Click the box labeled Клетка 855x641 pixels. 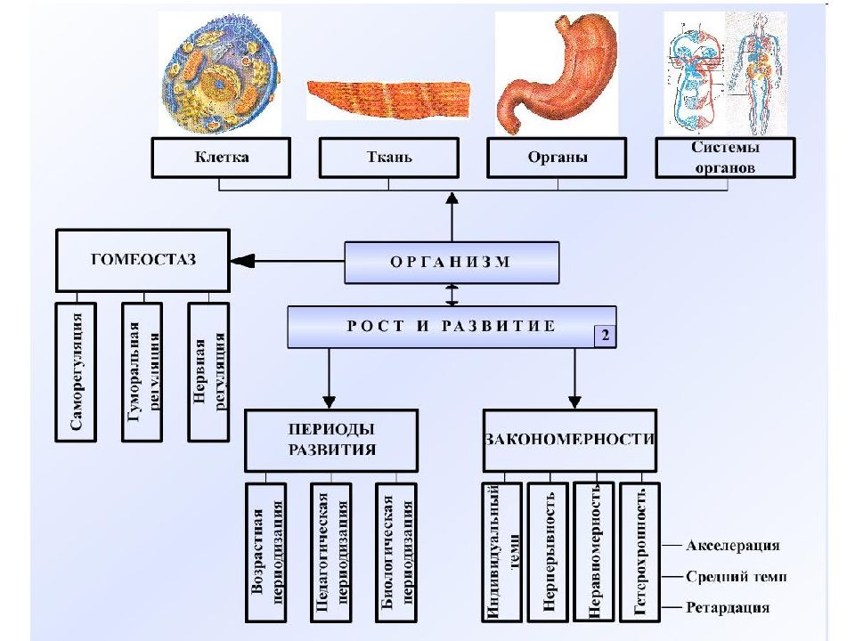221,158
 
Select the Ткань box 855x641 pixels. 389,158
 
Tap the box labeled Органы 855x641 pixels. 557,158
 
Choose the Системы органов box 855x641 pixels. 725,158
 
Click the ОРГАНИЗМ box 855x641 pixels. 452,263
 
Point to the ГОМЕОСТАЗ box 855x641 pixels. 142,261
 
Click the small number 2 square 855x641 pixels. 606,336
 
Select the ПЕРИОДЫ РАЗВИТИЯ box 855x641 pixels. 331,441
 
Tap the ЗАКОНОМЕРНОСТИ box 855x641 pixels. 570,441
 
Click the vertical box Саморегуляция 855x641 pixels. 76,372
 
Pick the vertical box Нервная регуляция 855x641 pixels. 208,372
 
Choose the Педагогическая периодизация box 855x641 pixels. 331,552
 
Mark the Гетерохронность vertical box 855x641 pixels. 640,552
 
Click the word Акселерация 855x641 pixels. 733,546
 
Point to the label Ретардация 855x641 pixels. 728,607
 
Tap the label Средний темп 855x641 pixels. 737,577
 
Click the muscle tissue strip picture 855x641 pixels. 389,99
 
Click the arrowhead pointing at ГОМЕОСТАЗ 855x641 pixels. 243,262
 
